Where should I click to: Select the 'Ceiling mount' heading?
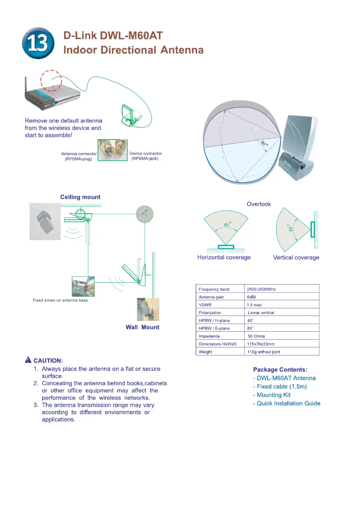[80, 197]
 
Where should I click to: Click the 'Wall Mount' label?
[142, 327]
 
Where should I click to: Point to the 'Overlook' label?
[259, 204]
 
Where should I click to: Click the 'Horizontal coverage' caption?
[224, 258]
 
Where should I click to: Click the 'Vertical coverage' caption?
[296, 258]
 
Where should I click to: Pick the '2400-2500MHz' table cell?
[261, 290]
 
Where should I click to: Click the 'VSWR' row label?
[205, 305]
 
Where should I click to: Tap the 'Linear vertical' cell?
[261, 313]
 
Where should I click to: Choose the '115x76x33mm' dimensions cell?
[261, 344]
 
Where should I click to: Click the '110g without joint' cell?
[263, 352]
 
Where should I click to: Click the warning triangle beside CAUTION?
[28, 360]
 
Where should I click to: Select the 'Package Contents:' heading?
[280, 370]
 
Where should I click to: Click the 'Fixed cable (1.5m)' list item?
[280, 386]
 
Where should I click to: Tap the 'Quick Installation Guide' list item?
[287, 404]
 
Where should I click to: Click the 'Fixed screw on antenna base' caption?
[60, 300]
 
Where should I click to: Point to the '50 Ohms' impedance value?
[256, 336]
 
